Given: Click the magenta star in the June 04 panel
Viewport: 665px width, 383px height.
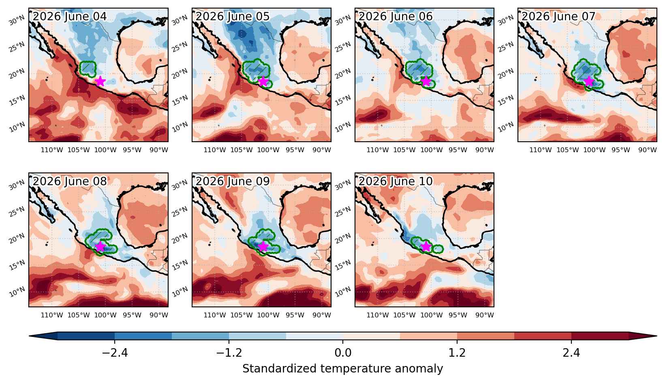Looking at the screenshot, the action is coord(100,81).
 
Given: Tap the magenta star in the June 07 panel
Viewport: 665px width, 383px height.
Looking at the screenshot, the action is coord(589,81).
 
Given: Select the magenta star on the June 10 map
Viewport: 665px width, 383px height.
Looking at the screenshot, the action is coord(426,246).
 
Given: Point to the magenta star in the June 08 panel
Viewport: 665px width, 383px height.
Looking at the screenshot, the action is coord(100,246).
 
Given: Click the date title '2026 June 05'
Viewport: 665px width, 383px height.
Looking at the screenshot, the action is coord(233,16).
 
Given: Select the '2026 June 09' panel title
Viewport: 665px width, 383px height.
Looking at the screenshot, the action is coord(233,181).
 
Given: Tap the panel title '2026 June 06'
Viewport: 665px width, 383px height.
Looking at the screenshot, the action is coord(396,16).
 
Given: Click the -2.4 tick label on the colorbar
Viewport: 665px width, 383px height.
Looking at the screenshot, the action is coord(115,353).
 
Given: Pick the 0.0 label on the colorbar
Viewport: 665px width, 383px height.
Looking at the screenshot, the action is coord(343,353).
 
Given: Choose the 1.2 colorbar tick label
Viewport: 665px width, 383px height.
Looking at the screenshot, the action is coord(457,353).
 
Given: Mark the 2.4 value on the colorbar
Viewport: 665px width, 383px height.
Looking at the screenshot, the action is coord(571,353).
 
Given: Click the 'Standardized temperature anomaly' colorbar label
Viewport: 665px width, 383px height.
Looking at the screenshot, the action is coord(342,369).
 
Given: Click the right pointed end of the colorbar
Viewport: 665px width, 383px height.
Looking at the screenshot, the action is coord(656,336).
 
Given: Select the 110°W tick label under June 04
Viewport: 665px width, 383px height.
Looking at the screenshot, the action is coord(51,150).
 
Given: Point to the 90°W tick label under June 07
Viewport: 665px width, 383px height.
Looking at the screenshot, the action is coord(648,150).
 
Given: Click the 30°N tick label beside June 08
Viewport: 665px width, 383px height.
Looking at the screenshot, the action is coord(17,185).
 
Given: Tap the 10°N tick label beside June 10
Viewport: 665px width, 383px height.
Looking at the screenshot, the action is coord(342,292).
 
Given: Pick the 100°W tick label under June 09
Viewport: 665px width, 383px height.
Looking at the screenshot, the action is coord(268,315).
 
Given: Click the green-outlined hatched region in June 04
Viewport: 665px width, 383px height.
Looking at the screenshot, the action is coord(88,68).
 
